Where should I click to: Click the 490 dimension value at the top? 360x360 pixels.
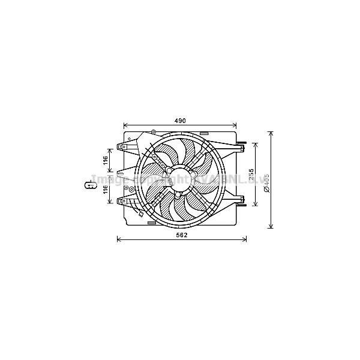(180, 121)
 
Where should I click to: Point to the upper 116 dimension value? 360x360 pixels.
(104, 160)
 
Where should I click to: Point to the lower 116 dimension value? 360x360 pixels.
(104, 189)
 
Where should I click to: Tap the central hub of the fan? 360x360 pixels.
(177, 178)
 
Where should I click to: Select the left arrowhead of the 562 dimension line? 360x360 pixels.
(118, 239)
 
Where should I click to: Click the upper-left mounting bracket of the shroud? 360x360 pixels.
(124, 146)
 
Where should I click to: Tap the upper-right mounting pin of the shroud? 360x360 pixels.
(241, 144)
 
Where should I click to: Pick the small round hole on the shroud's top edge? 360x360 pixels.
(154, 132)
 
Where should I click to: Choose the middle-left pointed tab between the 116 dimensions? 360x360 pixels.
(118, 175)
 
